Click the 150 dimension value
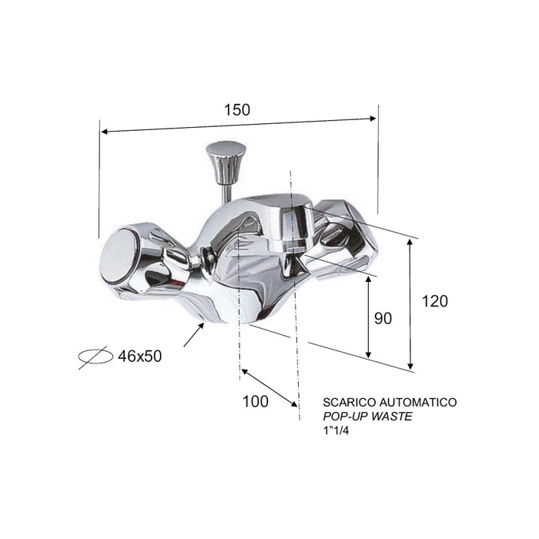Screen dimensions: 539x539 click(237, 109)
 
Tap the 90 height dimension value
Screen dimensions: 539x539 click(383, 317)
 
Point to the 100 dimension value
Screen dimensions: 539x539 click(254, 401)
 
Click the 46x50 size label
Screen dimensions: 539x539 click(140, 356)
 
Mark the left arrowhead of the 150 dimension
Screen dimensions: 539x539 click(104, 132)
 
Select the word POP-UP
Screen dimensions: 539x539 click(346, 417)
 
